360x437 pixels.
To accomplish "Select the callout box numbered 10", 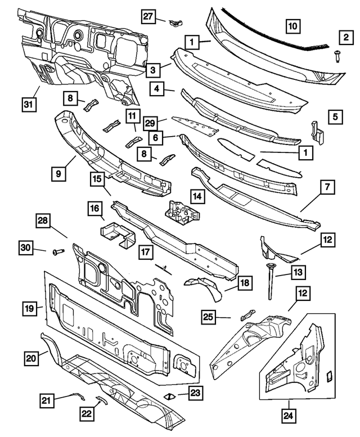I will [x=292, y=25].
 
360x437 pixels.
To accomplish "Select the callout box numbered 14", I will [x=197, y=196].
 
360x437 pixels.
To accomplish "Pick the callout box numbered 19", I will [x=30, y=308].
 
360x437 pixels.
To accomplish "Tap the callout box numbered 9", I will [x=61, y=174].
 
